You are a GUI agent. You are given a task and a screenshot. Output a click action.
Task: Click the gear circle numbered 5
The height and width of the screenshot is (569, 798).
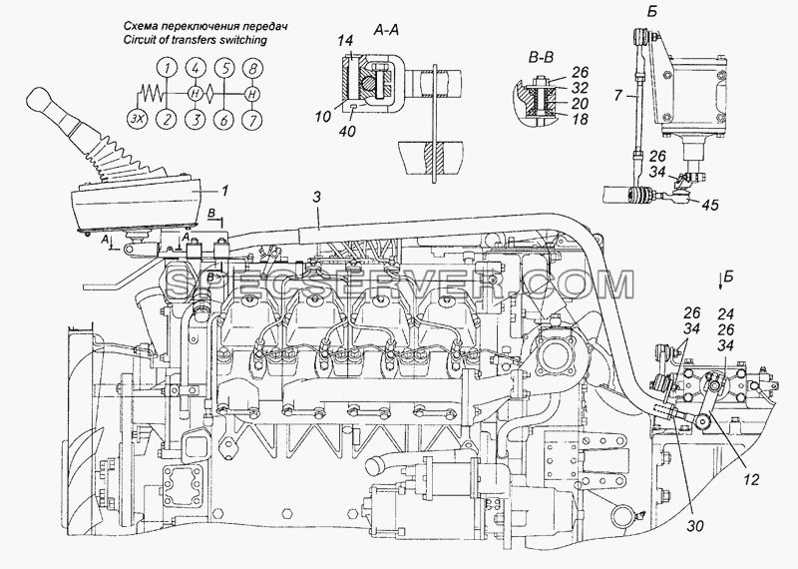pos(223,67)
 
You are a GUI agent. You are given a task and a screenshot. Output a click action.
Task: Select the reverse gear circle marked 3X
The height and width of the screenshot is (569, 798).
pos(136,120)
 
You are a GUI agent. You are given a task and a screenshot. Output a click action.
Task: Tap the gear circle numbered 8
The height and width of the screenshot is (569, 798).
pos(252,67)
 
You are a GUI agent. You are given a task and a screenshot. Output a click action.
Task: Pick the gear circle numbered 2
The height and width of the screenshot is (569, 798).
pos(166,120)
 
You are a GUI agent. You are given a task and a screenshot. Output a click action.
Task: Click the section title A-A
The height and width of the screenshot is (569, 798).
pos(386,31)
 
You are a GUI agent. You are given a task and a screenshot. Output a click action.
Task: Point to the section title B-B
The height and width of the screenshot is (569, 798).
pos(541,58)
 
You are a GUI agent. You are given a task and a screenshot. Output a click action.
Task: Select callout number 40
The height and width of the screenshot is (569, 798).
pos(348,132)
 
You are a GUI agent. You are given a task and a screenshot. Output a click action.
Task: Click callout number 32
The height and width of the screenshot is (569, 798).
pos(580,87)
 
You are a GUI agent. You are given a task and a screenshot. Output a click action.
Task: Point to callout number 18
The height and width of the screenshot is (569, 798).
pos(580,119)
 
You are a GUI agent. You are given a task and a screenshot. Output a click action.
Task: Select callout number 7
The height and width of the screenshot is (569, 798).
pos(617,94)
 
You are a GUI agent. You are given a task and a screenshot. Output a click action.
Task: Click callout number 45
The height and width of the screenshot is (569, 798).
pos(710,205)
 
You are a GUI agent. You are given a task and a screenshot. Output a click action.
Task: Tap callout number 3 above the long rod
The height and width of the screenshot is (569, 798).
pos(316,198)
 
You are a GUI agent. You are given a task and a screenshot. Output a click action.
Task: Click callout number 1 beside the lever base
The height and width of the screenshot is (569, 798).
pos(224,191)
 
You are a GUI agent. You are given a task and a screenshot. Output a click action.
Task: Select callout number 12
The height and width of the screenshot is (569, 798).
pos(751,479)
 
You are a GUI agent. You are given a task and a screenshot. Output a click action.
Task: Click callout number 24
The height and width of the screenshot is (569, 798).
pos(726,313)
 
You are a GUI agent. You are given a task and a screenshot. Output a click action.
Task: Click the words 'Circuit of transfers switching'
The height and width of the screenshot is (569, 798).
pos(195,40)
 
